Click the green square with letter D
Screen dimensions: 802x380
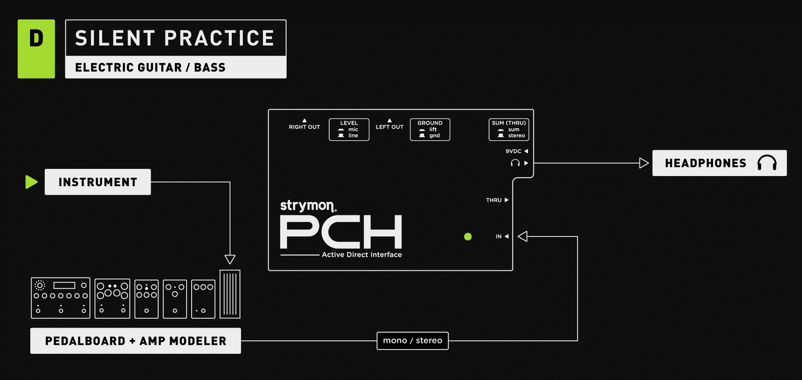point(36,49)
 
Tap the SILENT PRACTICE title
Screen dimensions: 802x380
point(175,38)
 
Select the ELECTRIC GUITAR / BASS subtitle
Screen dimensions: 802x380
point(150,68)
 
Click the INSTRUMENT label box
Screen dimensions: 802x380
point(98,182)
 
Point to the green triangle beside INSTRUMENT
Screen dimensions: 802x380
point(31,182)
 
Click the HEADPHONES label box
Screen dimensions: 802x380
point(719,163)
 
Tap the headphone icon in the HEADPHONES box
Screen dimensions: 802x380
point(767,163)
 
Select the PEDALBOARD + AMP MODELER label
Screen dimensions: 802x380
point(135,341)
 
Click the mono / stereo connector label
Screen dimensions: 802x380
point(413,341)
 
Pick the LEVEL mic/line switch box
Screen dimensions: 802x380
point(349,130)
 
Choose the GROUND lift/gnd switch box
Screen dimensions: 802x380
point(430,130)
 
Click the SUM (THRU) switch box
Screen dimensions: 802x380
point(508,130)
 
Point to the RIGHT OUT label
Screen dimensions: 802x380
point(304,127)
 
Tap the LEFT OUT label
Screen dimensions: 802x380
point(389,127)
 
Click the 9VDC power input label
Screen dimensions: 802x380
point(513,151)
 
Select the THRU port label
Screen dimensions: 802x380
point(494,200)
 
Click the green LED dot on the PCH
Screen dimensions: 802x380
point(468,237)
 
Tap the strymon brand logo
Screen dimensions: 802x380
point(308,206)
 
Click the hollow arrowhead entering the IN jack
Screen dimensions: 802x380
point(523,237)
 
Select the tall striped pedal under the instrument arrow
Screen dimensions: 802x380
point(230,294)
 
